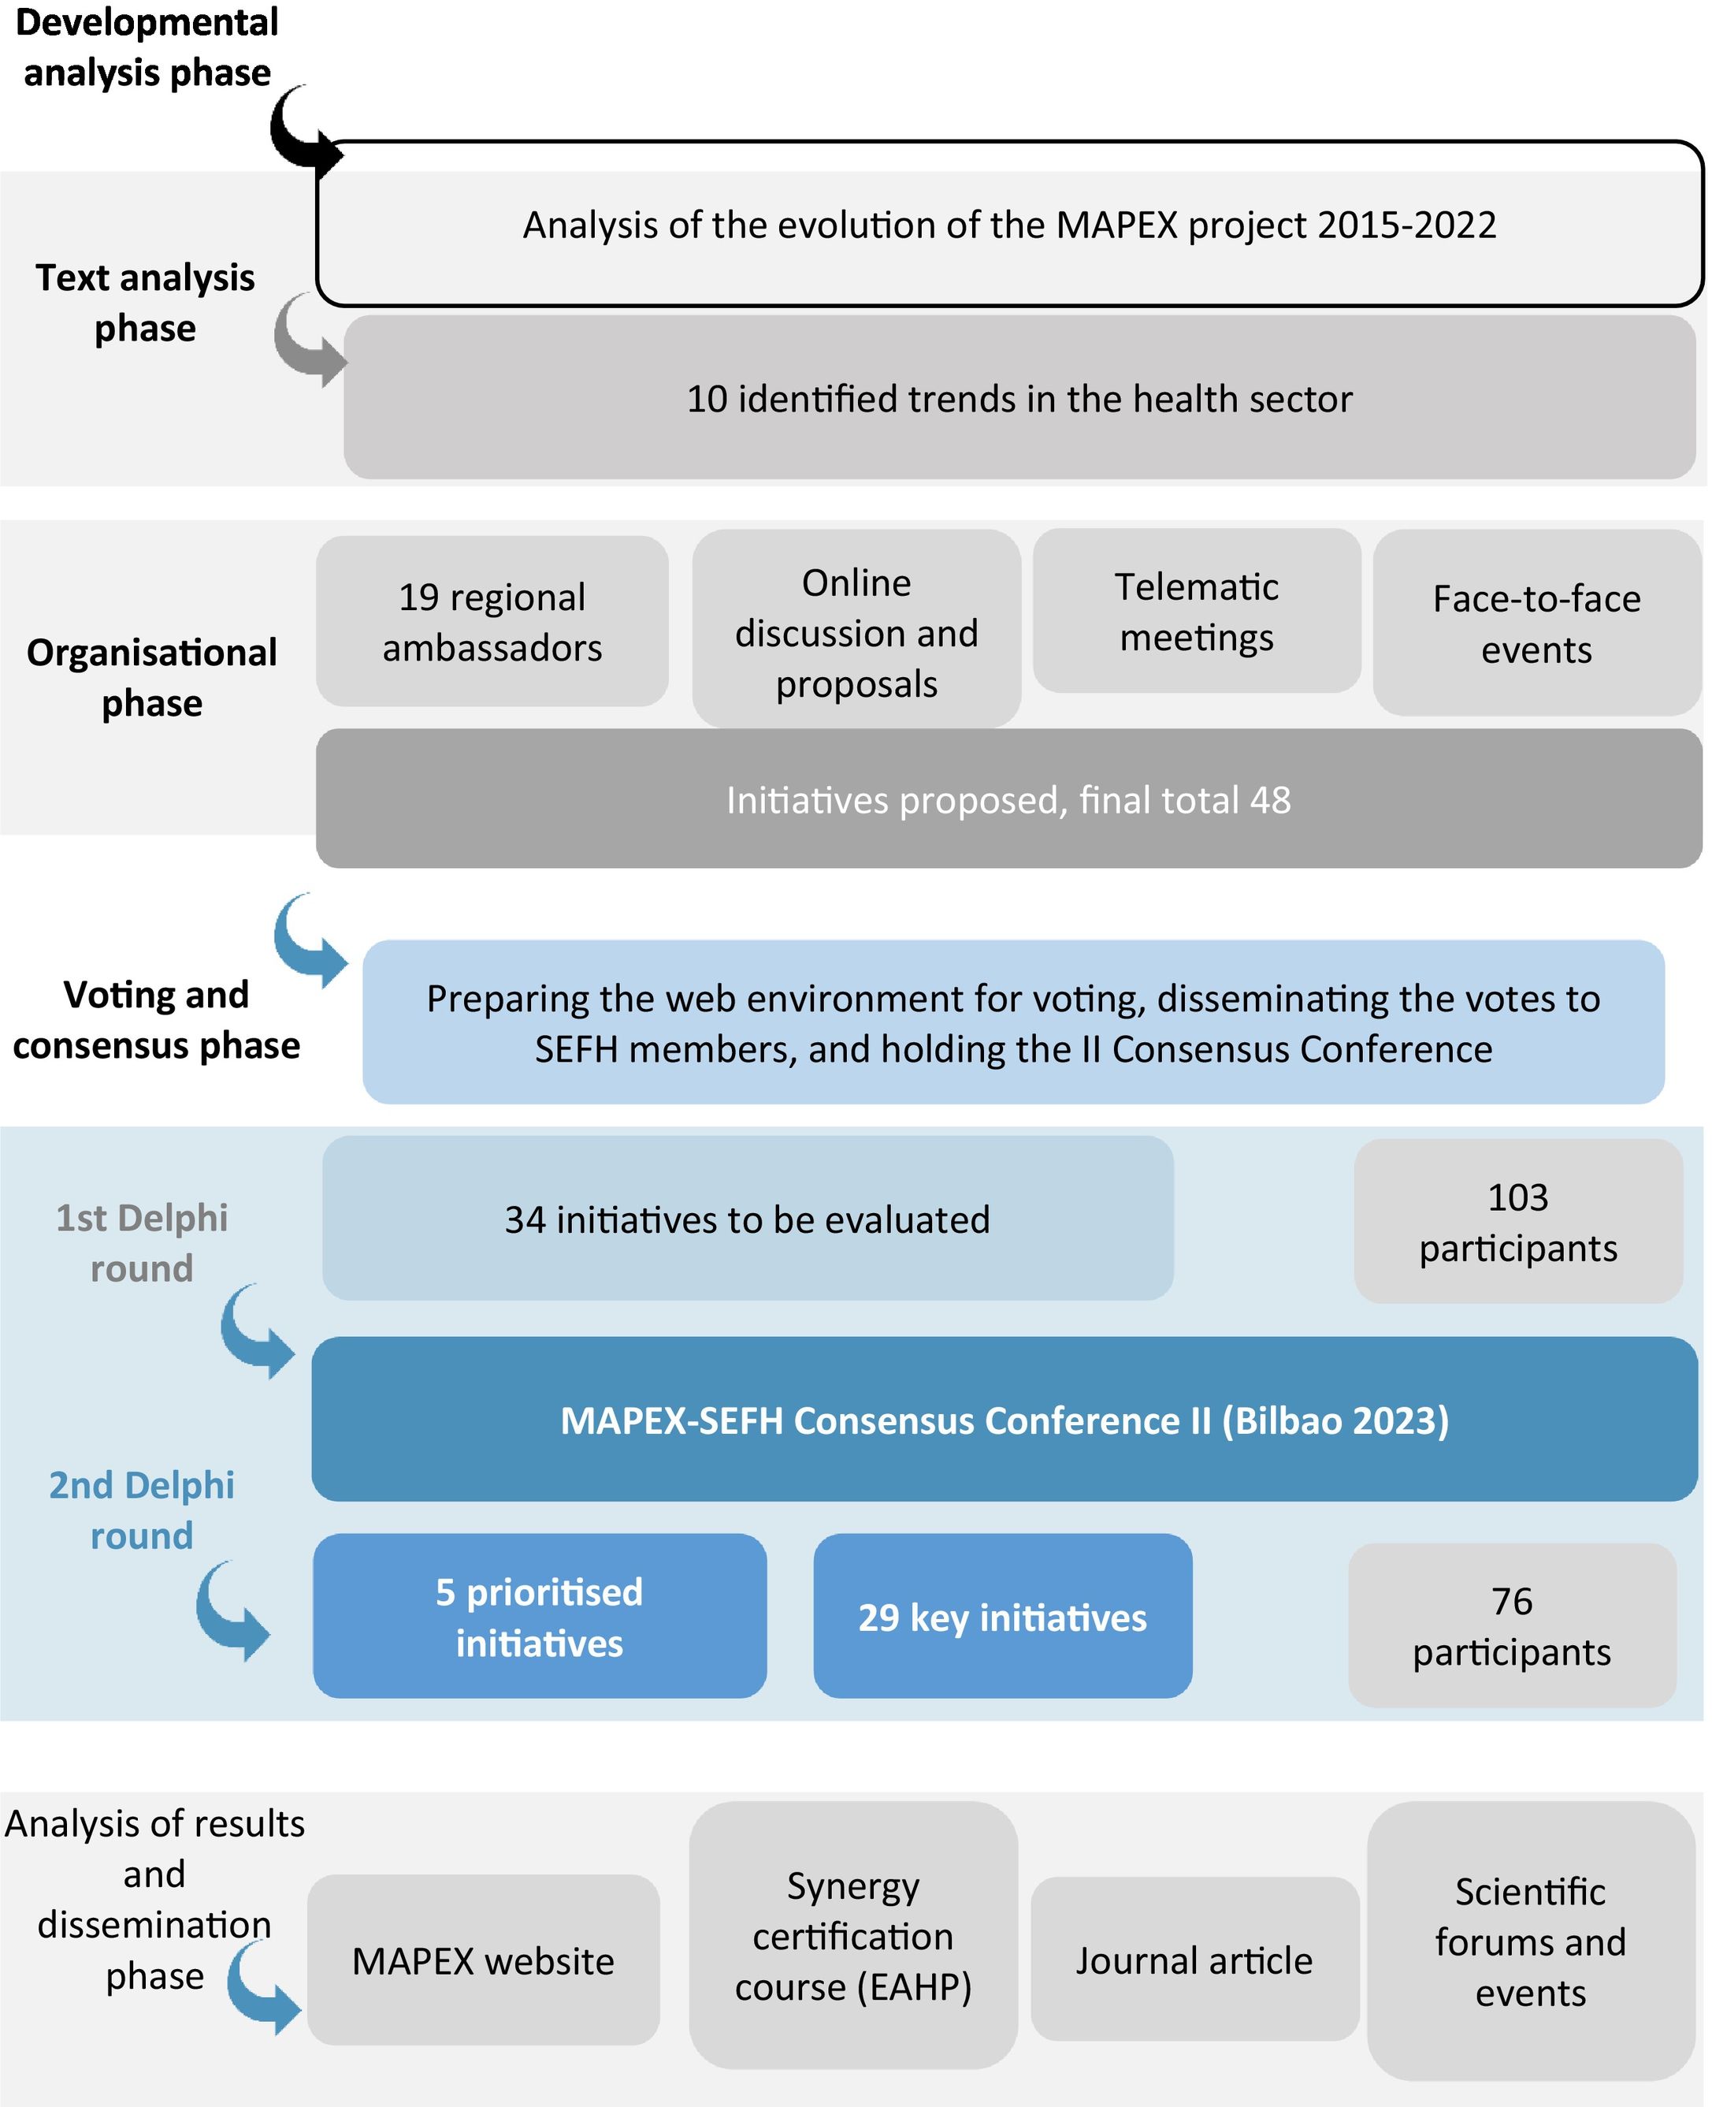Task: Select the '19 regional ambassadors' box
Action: [492, 621]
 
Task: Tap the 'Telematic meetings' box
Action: [1196, 612]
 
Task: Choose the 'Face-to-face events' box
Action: [1536, 624]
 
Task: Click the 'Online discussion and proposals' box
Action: [856, 631]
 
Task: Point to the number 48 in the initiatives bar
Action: [1269, 800]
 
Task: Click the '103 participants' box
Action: [1517, 1222]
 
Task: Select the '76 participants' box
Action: [1512, 1625]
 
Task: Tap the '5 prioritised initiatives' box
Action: [540, 1617]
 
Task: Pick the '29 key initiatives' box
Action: [1002, 1617]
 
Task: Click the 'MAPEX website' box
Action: [483, 1960]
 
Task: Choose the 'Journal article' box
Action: [1194, 1960]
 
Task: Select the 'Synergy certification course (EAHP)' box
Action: [853, 1935]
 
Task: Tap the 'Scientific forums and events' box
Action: [1531, 1941]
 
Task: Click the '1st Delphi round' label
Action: [142, 1243]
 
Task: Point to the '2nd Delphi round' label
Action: [142, 1510]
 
